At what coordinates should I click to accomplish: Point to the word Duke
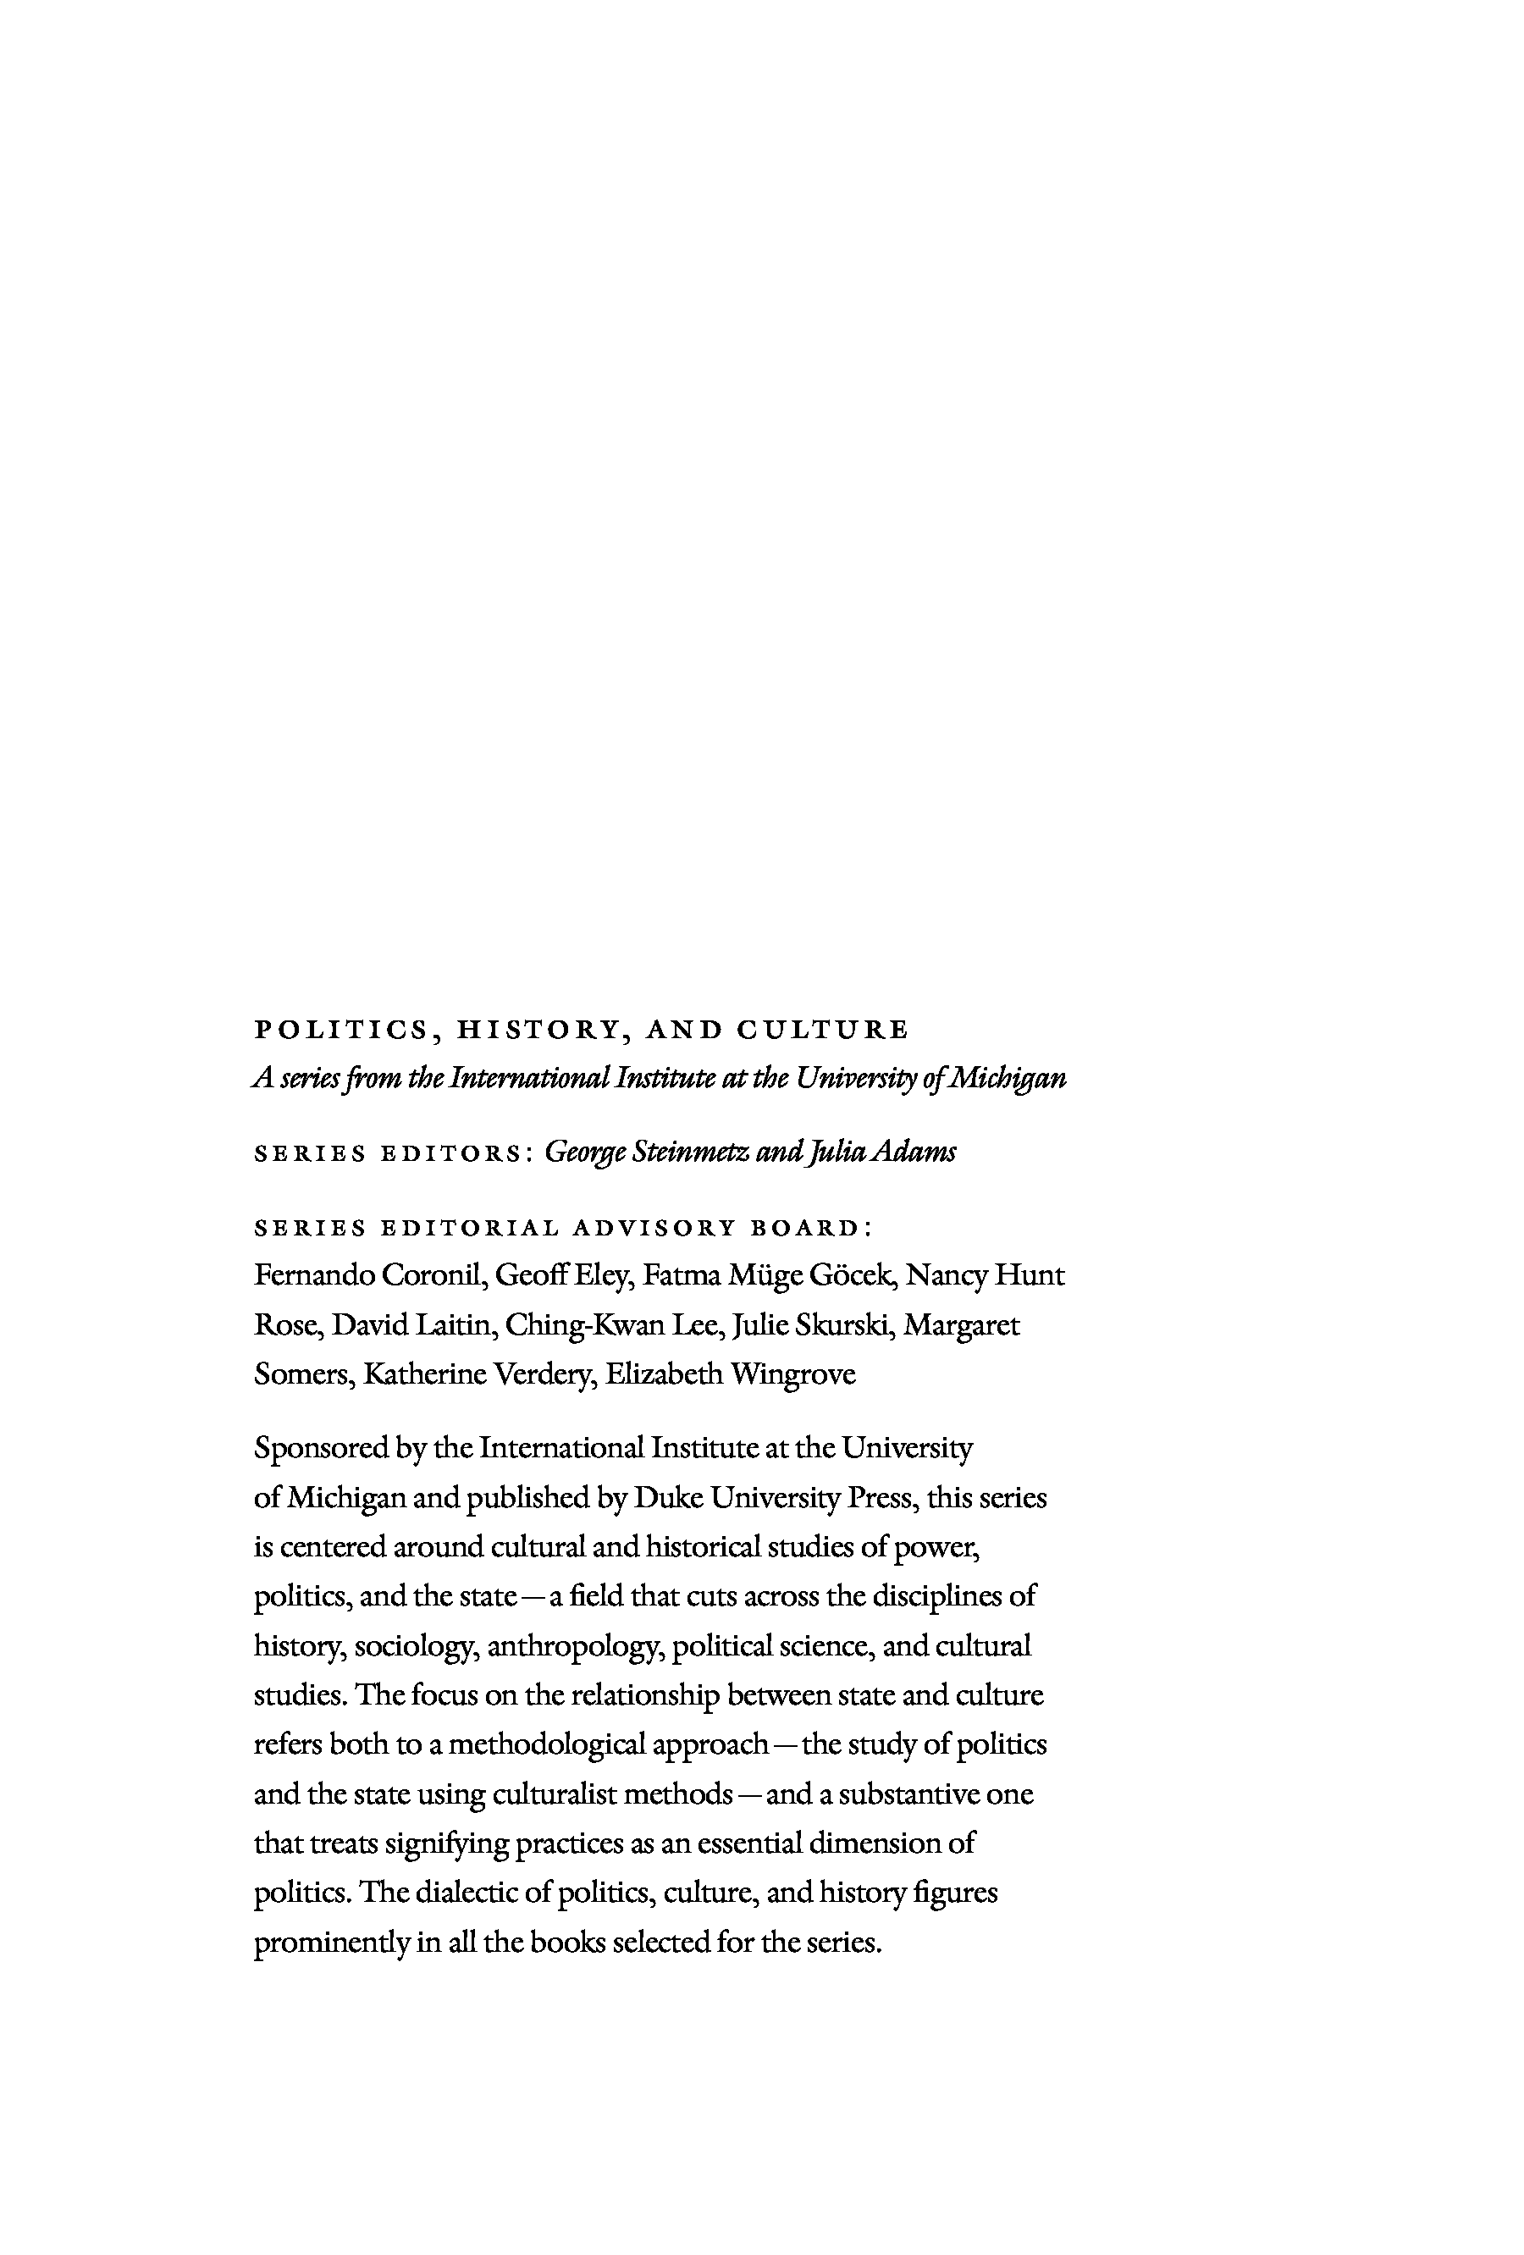pyautogui.click(x=667, y=1498)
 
